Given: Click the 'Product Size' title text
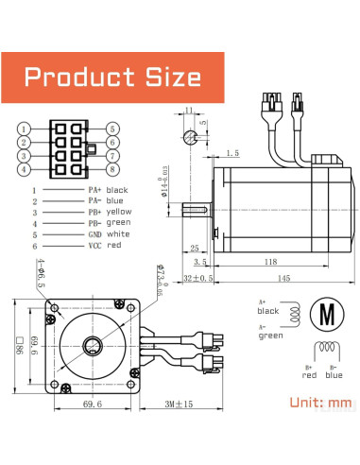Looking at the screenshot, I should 112,77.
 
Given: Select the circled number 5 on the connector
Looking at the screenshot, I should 112,129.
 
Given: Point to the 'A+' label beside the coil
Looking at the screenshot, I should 264,302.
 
